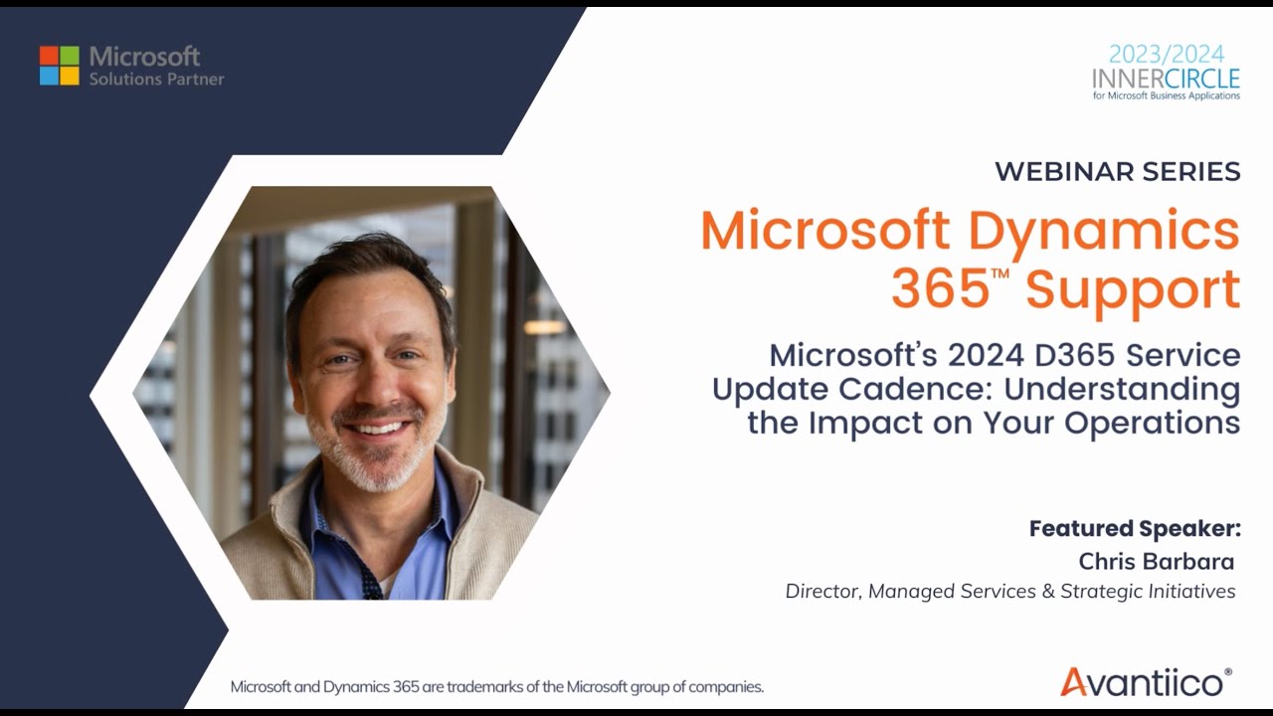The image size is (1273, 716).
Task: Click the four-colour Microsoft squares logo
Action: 59,66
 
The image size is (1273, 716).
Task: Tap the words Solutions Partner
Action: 156,80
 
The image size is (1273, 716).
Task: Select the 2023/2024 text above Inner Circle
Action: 1167,54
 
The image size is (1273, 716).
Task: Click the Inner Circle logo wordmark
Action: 1166,79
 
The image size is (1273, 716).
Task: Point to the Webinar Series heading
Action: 1117,171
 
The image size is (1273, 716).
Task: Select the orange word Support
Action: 1133,289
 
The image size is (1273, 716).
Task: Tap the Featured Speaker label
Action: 1135,528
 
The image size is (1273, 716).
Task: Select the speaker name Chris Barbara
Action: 1156,561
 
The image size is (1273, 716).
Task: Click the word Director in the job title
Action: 822,592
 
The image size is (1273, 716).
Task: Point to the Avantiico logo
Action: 1145,681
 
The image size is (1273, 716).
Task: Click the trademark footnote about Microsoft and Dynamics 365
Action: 496,687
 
